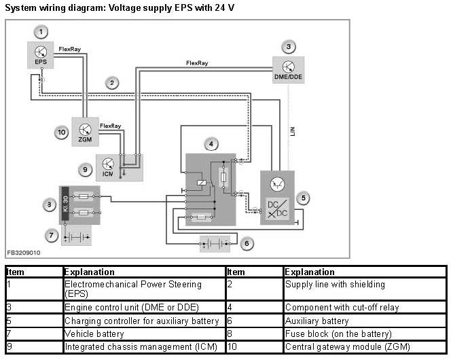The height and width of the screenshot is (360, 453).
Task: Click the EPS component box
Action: (x=41, y=55)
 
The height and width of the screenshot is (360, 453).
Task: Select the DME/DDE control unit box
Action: (x=289, y=70)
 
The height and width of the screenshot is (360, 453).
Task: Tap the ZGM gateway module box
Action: (x=85, y=132)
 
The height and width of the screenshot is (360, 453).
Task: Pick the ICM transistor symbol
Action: (x=108, y=164)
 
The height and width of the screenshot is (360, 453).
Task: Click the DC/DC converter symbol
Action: (x=277, y=209)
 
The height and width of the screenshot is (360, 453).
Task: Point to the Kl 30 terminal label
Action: (x=66, y=204)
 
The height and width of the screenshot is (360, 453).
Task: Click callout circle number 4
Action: (x=211, y=144)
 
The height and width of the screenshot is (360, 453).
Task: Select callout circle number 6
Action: (x=247, y=244)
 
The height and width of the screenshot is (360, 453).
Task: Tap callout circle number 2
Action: (x=112, y=84)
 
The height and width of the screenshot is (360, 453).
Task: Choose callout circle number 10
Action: (x=62, y=132)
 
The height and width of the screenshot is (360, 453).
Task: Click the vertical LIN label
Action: (x=292, y=132)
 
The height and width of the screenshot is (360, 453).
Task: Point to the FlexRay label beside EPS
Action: (x=70, y=49)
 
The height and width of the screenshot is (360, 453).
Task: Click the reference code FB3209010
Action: (x=24, y=253)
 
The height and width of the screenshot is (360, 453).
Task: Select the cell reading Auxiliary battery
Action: (x=317, y=321)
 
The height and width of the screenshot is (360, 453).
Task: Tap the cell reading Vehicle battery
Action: (x=94, y=334)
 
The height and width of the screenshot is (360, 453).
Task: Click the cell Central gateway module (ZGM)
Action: (x=348, y=346)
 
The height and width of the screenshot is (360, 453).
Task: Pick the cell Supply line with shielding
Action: (x=335, y=285)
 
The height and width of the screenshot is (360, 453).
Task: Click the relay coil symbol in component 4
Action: (x=201, y=183)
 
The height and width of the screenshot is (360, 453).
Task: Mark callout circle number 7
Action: (x=52, y=236)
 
